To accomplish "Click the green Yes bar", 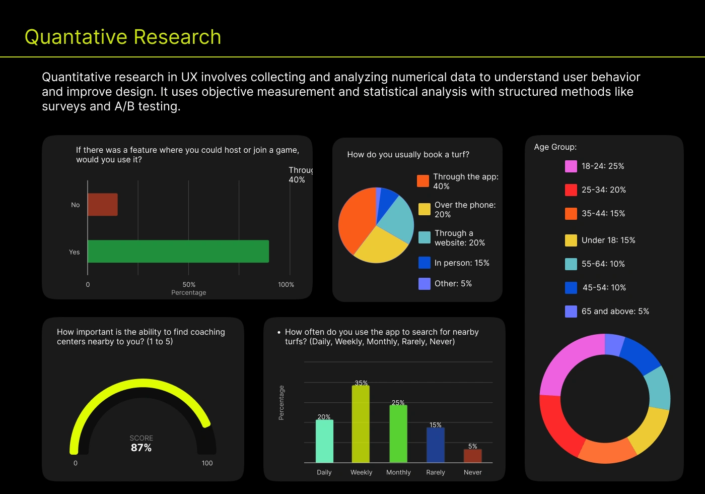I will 178,251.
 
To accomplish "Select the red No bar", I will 103,205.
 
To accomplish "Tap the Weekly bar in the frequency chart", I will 361,424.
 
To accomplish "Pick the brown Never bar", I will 472,456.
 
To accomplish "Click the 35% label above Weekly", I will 361,383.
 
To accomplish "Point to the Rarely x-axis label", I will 436,472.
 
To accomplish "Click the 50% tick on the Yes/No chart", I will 189,285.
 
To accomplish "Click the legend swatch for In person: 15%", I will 425,263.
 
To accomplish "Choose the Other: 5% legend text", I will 453,284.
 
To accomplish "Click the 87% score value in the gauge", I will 141,448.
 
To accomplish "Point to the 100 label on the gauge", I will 207,463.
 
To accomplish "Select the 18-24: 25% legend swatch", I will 571,166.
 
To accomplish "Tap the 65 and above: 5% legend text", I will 615,312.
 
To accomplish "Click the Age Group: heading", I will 555,147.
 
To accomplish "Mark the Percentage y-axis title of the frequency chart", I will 281,403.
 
